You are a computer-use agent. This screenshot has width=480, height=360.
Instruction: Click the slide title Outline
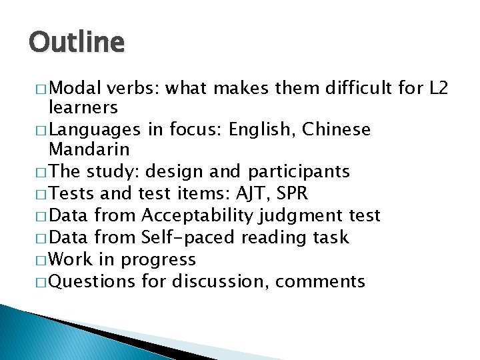(77, 43)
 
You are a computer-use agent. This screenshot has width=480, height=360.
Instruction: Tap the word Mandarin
(89, 149)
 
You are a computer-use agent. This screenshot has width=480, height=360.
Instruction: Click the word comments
(320, 281)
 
